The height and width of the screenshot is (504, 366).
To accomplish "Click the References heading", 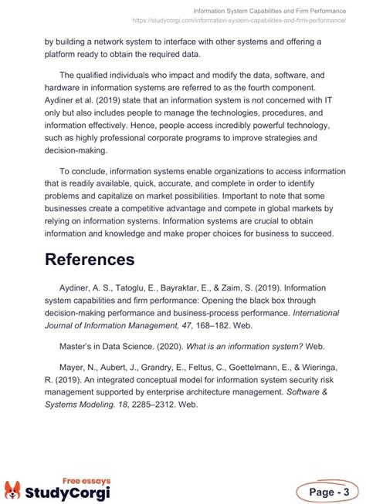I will click(90, 259).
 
